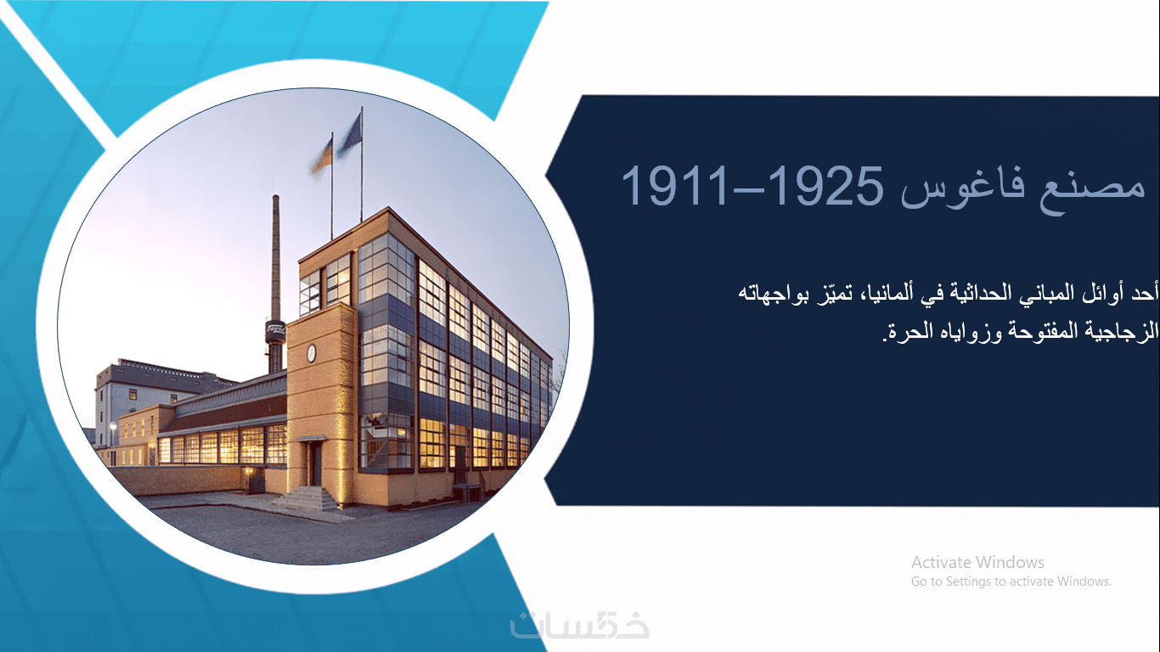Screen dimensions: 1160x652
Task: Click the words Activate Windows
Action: coord(977,562)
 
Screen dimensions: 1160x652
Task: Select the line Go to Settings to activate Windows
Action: coord(1011,582)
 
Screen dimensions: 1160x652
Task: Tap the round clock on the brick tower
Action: coord(311,352)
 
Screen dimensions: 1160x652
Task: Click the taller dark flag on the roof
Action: coord(350,135)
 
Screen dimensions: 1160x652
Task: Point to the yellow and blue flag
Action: coord(322,156)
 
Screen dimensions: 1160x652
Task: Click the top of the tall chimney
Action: coord(276,197)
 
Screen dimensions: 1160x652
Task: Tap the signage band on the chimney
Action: coord(275,329)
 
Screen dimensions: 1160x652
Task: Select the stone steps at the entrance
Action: coord(307,497)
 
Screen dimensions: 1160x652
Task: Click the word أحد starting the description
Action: coord(1146,293)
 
